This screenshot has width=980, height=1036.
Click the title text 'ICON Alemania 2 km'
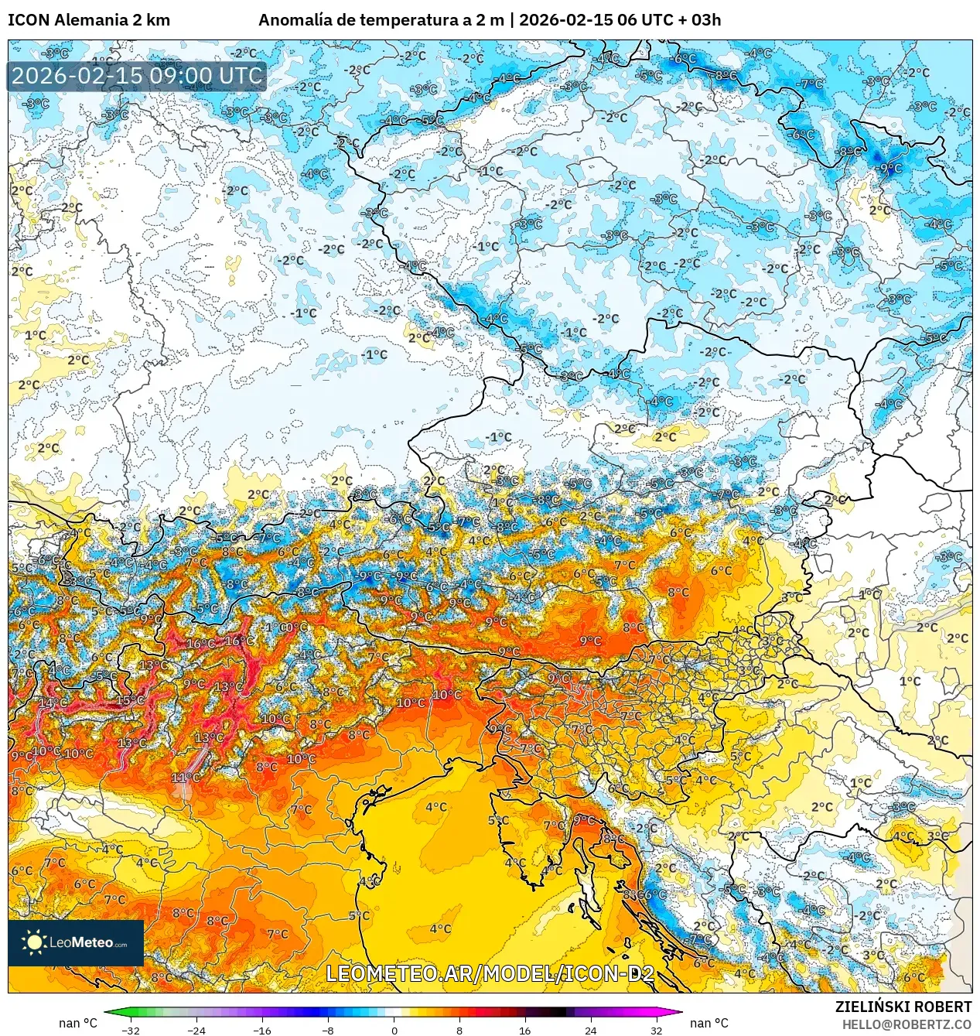pyautogui.click(x=89, y=20)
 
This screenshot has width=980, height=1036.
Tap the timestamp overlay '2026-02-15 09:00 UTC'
pyautogui.click(x=137, y=76)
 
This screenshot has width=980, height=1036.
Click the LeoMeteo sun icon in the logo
pyautogui.click(x=34, y=942)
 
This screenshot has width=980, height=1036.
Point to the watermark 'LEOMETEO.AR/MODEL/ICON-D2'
pyautogui.click(x=490, y=973)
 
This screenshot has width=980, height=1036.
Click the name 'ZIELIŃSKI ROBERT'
pyautogui.click(x=903, y=1007)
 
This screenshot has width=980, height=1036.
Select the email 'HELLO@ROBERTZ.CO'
pyautogui.click(x=907, y=1024)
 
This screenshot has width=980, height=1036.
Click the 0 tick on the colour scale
pyautogui.click(x=394, y=1030)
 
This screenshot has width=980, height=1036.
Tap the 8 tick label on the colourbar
pyautogui.click(x=459, y=1030)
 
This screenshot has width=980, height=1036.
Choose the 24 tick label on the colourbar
pyautogui.click(x=591, y=1030)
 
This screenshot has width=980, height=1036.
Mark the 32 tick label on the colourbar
pyautogui.click(x=656, y=1030)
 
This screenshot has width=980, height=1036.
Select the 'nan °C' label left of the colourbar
pyautogui.click(x=78, y=1023)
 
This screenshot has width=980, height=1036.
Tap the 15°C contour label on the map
pyautogui.click(x=129, y=700)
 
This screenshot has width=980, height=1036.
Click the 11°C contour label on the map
pyautogui.click(x=185, y=777)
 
